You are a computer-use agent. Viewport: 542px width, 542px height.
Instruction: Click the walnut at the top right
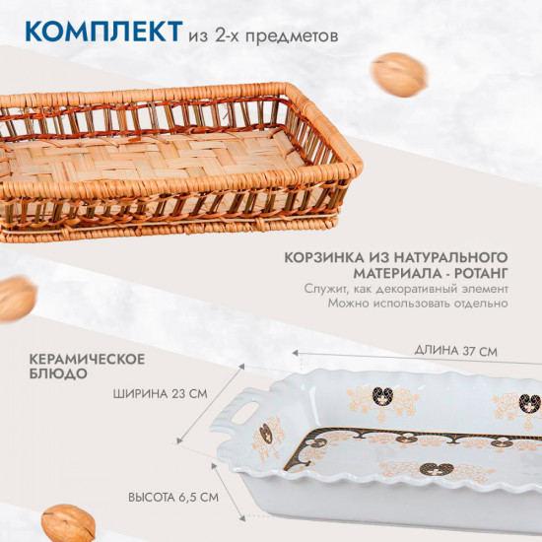398,74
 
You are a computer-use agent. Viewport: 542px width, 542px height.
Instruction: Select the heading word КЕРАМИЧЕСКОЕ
86,356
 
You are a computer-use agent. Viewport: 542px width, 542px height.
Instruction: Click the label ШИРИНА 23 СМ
161,393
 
